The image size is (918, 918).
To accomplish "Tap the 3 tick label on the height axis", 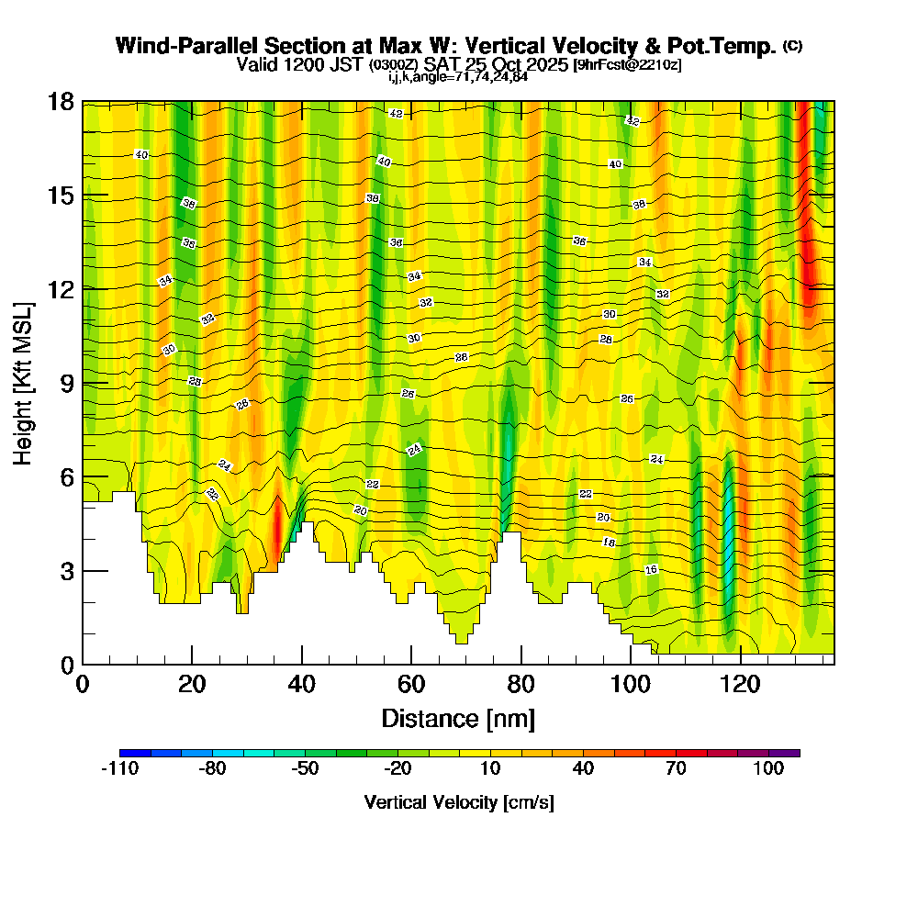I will pyautogui.click(x=65, y=571).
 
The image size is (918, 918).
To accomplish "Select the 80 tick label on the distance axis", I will pyautogui.click(x=521, y=684).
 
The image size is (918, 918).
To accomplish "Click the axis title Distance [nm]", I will pyautogui.click(x=458, y=718).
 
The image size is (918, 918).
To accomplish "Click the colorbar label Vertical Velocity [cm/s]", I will pyautogui.click(x=459, y=802).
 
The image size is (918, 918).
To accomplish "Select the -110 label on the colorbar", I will pyautogui.click(x=119, y=769).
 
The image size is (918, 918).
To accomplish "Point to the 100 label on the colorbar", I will pyautogui.click(x=769, y=769).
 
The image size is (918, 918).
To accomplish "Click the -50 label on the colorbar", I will pyautogui.click(x=305, y=769).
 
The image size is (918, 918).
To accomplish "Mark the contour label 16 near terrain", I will pyautogui.click(x=651, y=570).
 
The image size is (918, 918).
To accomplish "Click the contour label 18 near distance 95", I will pyautogui.click(x=609, y=543).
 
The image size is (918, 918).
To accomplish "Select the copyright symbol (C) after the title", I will pyautogui.click(x=792, y=45).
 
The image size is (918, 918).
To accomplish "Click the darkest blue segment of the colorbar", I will pyautogui.click(x=134, y=753).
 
